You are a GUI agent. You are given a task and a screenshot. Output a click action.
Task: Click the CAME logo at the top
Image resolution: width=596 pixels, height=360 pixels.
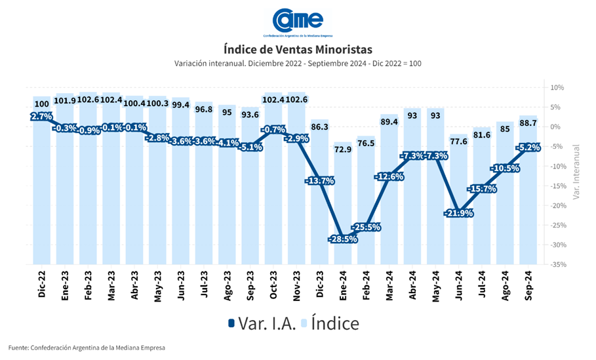click(298, 21)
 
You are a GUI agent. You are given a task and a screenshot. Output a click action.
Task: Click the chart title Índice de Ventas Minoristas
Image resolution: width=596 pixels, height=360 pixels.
click(298, 49)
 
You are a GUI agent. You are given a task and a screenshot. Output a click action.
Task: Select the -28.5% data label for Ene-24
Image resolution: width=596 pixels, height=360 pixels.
click(342, 239)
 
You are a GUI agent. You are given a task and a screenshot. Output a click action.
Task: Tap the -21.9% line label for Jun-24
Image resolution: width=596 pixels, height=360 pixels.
click(460, 213)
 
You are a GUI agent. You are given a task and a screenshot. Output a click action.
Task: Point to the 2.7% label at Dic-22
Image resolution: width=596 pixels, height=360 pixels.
click(41, 116)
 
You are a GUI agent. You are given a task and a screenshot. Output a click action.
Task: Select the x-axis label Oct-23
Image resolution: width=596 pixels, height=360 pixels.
click(273, 283)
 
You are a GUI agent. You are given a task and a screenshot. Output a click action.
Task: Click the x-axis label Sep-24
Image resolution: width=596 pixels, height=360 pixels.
click(529, 283)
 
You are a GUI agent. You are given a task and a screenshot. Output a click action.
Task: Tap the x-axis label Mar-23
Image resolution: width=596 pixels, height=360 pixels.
click(111, 283)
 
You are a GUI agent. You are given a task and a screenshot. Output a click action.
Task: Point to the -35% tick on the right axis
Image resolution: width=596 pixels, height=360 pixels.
click(558, 265)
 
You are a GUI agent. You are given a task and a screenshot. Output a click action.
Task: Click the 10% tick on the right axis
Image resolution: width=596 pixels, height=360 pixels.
click(558, 87)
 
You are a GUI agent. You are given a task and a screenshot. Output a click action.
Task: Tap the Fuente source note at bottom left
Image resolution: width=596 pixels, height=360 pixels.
click(87, 348)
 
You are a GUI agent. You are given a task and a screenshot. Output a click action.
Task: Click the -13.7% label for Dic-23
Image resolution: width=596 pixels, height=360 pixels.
click(319, 180)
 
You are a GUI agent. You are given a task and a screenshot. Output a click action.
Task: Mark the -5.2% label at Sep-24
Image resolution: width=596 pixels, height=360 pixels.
click(529, 148)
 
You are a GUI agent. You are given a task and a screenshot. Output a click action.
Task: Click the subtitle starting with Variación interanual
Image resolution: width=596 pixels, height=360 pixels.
click(298, 64)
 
